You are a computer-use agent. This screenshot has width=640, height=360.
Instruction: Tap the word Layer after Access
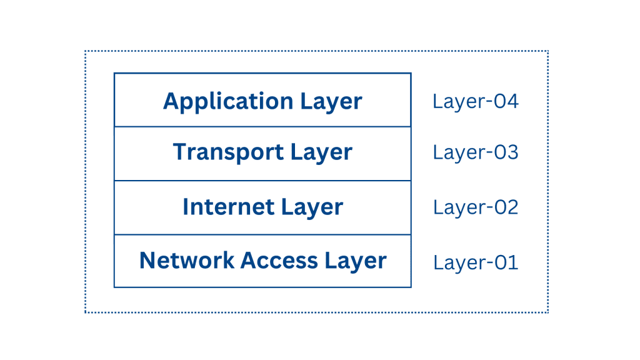point(356,261)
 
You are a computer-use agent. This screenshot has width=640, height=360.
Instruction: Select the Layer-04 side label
point(476,101)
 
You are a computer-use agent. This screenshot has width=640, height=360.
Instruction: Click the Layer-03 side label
point(476,152)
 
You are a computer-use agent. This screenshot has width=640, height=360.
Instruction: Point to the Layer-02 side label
point(476,207)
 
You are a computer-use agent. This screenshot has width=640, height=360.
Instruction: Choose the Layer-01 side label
point(476,262)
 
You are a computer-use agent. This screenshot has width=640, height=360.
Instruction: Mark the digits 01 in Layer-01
point(506,262)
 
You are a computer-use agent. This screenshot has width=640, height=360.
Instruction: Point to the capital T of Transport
point(180,152)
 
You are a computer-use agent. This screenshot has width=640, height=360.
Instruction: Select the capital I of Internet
point(186,207)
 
